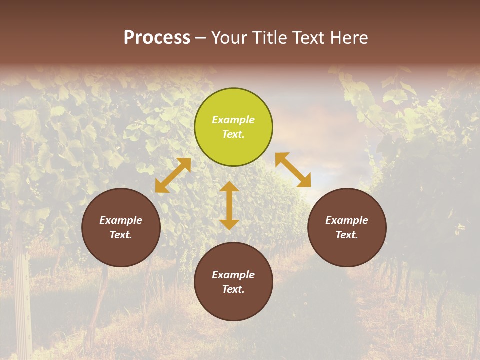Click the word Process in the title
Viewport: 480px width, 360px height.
point(157,38)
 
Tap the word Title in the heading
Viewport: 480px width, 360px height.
point(270,38)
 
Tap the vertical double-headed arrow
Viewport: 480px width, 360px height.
point(229,205)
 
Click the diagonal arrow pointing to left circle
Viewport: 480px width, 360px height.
point(173,175)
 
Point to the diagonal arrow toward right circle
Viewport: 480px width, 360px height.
point(293,170)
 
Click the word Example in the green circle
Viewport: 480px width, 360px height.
point(233,120)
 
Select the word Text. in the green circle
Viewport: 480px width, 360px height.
point(233,134)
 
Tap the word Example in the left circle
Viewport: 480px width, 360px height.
point(121,220)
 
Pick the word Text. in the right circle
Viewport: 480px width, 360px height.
point(347,235)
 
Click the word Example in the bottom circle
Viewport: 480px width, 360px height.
point(233,275)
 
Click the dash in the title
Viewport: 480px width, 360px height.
point(200,38)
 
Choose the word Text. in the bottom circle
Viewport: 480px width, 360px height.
point(233,289)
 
